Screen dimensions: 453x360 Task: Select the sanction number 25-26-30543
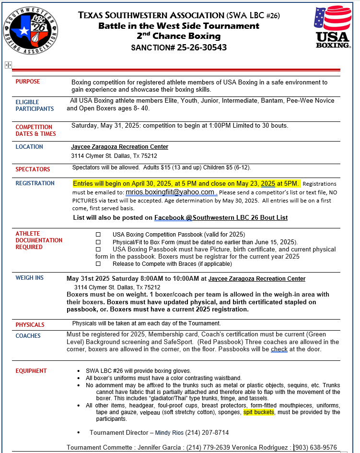pos(200,48)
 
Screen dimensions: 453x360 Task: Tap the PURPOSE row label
pos(28,82)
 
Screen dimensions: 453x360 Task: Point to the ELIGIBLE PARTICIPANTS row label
pos(35,105)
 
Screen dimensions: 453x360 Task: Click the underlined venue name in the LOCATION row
pos(119,147)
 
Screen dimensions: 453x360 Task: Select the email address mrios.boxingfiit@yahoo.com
pos(170,192)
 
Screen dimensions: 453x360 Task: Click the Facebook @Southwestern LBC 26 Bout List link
pos(221,217)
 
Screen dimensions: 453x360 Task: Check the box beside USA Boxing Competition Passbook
pos(98,234)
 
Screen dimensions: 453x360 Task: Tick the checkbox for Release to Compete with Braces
pos(98,264)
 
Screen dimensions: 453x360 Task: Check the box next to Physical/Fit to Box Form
pos(98,242)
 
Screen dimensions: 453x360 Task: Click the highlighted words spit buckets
pos(259,412)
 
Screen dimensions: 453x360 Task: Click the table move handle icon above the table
pos(8,65)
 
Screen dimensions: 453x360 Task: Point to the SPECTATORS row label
pos(33,169)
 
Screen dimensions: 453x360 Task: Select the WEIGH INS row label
pos(30,278)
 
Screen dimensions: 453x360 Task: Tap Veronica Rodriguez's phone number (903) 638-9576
pos(316,447)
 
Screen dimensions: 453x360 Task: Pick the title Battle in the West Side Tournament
pos(179,26)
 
